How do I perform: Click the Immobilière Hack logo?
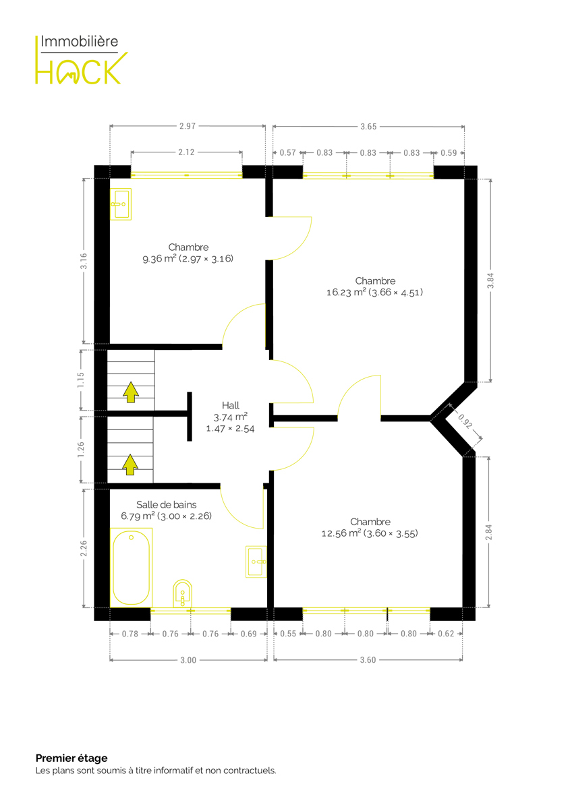pyautogui.click(x=82, y=59)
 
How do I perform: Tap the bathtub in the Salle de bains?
pyautogui.click(x=131, y=568)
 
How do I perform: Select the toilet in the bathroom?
pyautogui.click(x=183, y=593)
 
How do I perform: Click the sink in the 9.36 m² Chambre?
pyautogui.click(x=121, y=204)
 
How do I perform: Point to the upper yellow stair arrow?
pyautogui.click(x=130, y=392)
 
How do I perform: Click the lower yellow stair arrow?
pyautogui.click(x=130, y=465)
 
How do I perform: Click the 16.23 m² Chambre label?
pyautogui.click(x=375, y=287)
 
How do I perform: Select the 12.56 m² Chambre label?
pyautogui.click(x=370, y=527)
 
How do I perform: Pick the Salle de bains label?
pyautogui.click(x=166, y=510)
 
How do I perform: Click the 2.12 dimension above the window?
pyautogui.click(x=186, y=152)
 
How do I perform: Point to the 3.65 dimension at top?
pyautogui.click(x=368, y=127)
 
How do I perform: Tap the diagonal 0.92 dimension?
pyautogui.click(x=465, y=421)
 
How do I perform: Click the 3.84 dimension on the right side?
pyautogui.click(x=490, y=280)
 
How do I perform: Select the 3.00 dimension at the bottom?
pyautogui.click(x=188, y=660)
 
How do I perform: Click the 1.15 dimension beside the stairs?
pyautogui.click(x=80, y=380)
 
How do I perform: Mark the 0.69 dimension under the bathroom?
pyautogui.click(x=249, y=634)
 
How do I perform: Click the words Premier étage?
pyautogui.click(x=71, y=758)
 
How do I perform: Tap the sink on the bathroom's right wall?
pyautogui.click(x=256, y=562)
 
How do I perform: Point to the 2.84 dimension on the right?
pyautogui.click(x=488, y=533)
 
